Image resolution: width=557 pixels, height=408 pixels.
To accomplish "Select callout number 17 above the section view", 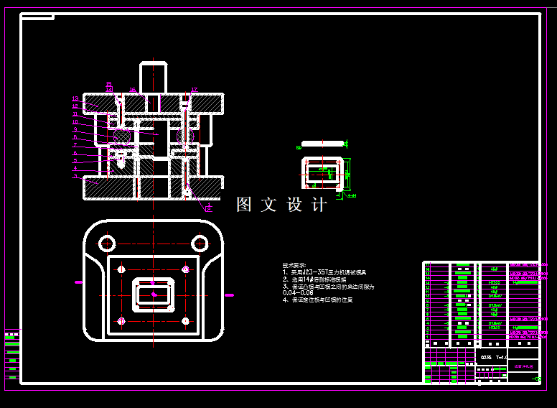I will click(x=194, y=90).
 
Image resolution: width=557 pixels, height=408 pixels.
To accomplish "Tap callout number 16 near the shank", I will click(x=133, y=90).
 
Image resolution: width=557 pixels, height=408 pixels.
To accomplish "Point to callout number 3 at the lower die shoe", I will click(x=75, y=175).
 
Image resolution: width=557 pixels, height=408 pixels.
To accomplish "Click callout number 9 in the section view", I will click(x=75, y=130).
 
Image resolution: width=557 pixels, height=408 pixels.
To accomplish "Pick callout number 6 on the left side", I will click(x=75, y=152).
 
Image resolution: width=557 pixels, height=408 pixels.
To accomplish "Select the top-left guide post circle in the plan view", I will click(x=107, y=241).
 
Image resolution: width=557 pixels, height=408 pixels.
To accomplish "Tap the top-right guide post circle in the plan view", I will click(x=200, y=241).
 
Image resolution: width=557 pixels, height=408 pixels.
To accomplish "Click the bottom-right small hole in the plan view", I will click(x=186, y=320).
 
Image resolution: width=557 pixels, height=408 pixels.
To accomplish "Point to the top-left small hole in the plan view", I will click(x=121, y=269).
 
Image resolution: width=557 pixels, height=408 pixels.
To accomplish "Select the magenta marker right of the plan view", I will click(x=230, y=295).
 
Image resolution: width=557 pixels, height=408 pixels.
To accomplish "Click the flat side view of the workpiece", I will click(x=323, y=144).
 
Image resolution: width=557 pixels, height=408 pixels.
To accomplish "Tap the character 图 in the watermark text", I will click(x=245, y=205).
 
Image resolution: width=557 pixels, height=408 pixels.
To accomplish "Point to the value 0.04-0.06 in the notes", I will click(x=299, y=293).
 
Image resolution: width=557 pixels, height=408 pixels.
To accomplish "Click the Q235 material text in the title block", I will click(x=486, y=357).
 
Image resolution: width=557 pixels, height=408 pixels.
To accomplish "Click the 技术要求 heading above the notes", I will click(x=294, y=265).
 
